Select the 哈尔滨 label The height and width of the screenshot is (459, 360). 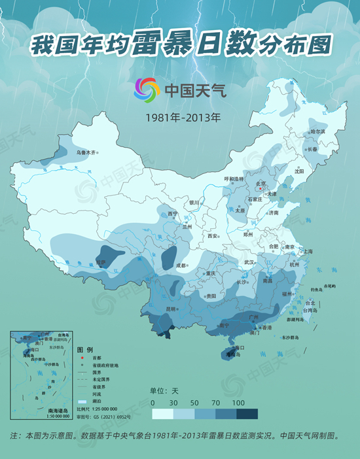tap(317, 132)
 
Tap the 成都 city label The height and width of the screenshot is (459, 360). tap(181, 265)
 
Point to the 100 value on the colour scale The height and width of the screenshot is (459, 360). tap(238, 402)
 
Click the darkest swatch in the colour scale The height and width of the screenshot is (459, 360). tap(247, 414)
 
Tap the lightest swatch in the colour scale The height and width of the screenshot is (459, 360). tap(162, 414)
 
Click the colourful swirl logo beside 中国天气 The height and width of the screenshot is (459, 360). tap(147, 90)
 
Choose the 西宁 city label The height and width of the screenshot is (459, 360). tap(173, 214)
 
